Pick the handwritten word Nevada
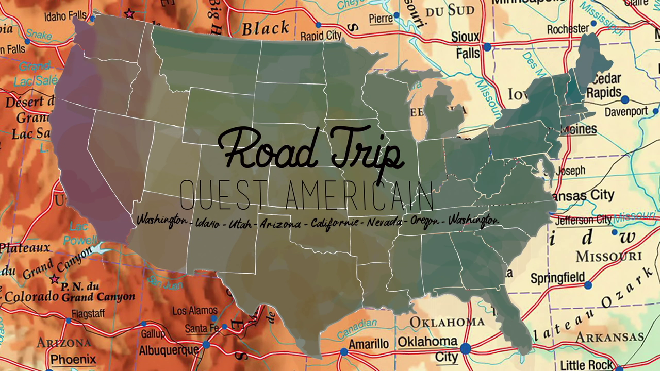point(385,222)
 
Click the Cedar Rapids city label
point(604,86)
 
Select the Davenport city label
point(626,111)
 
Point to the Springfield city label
point(557,278)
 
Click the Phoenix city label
point(73,359)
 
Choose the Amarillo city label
point(369,344)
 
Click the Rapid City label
point(321,36)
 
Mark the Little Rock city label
point(587,364)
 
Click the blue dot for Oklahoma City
point(465,349)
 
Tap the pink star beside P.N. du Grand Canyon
point(54,279)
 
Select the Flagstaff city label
point(88,313)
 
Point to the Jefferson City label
point(583,220)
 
